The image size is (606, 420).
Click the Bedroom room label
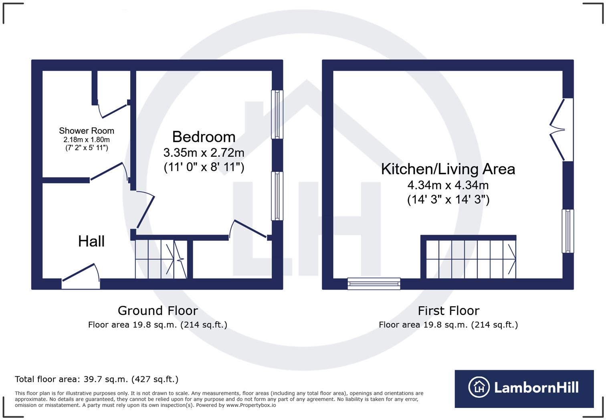(x=204, y=137)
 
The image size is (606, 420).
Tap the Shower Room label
(x=87, y=131)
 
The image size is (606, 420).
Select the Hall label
(x=91, y=241)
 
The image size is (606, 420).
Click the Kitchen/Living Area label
(x=448, y=169)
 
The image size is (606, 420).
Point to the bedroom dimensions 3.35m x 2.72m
(x=204, y=153)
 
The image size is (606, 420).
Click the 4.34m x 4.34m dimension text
(x=448, y=185)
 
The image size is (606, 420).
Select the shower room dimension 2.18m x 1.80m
(x=87, y=140)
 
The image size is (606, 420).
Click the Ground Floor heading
(x=158, y=311)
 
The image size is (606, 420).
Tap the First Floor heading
(x=448, y=311)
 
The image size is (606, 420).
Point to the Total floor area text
(x=97, y=379)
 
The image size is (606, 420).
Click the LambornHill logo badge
(x=524, y=388)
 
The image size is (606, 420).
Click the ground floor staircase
(x=161, y=259)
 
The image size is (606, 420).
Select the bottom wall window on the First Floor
(x=374, y=284)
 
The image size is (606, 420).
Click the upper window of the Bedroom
(x=277, y=114)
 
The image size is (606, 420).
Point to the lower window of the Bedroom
(x=277, y=196)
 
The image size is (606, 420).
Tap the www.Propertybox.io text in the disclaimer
(x=251, y=405)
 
